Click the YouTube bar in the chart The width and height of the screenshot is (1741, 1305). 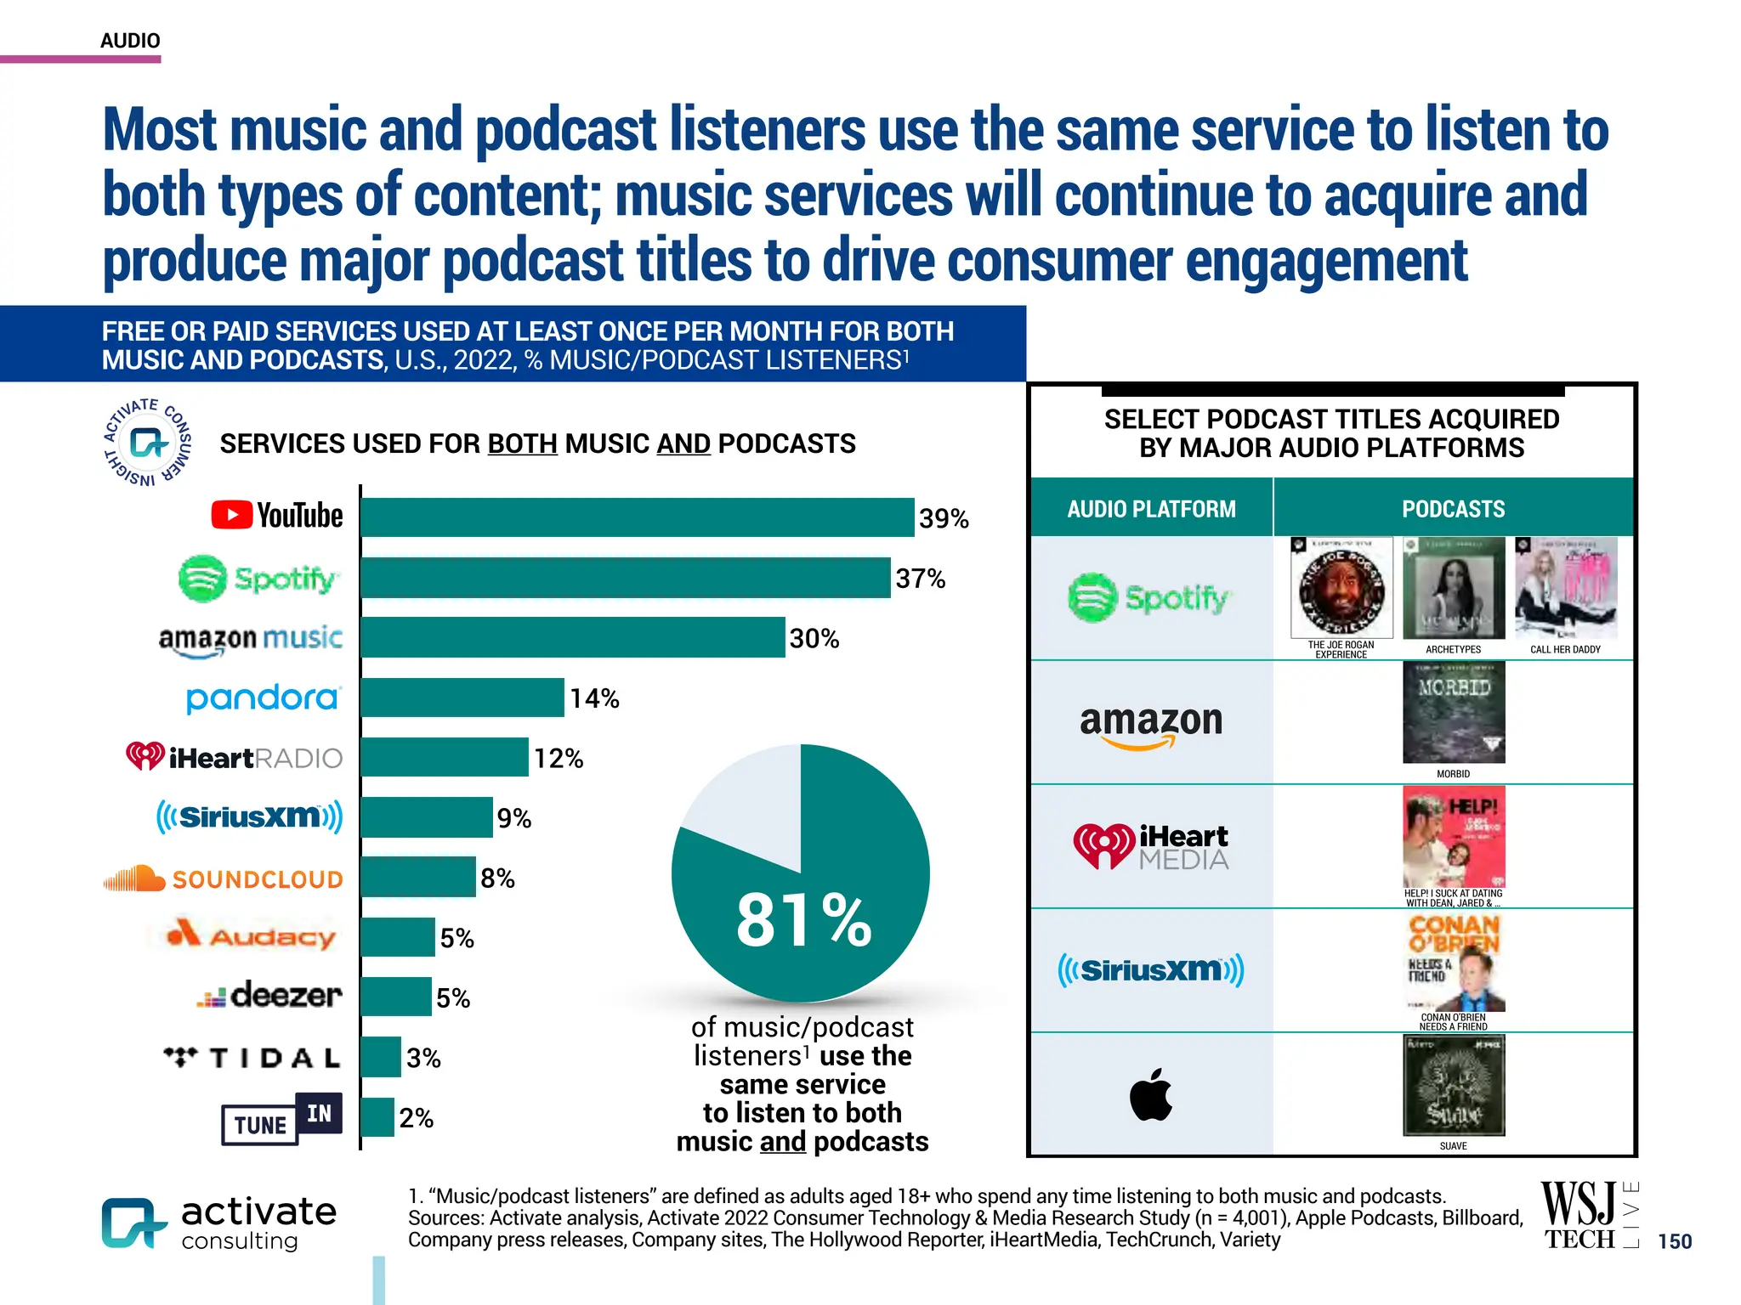tap(638, 517)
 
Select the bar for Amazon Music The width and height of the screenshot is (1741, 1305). tap(573, 637)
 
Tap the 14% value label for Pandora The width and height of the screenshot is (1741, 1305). tap(594, 698)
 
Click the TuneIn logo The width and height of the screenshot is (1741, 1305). tap(281, 1119)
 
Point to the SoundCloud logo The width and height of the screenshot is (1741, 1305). tap(223, 878)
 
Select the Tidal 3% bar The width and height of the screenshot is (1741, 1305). tap(381, 1057)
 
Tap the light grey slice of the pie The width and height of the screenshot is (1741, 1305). tap(748, 807)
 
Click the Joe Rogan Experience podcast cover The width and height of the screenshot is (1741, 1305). tap(1341, 588)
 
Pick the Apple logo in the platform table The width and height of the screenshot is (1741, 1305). tap(1151, 1095)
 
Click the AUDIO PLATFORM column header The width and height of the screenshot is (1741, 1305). tap(1151, 509)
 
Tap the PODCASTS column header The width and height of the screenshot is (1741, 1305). tap(1453, 509)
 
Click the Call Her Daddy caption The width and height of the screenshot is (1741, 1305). tap(1565, 650)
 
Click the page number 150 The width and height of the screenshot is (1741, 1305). tap(1675, 1241)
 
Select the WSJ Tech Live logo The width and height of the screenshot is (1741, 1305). tap(1588, 1216)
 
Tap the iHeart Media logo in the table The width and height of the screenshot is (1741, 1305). tap(1151, 846)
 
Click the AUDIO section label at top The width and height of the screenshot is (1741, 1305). tap(130, 41)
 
